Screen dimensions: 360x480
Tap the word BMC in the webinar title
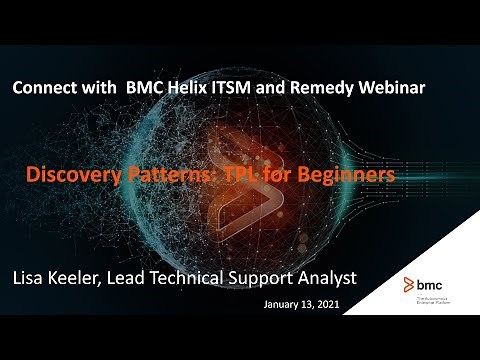coord(144,88)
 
